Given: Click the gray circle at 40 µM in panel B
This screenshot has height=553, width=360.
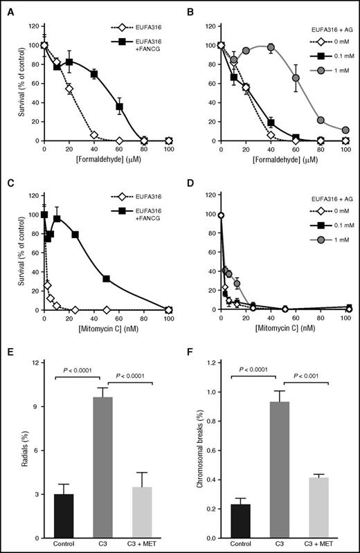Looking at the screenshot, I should click(271, 47).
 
